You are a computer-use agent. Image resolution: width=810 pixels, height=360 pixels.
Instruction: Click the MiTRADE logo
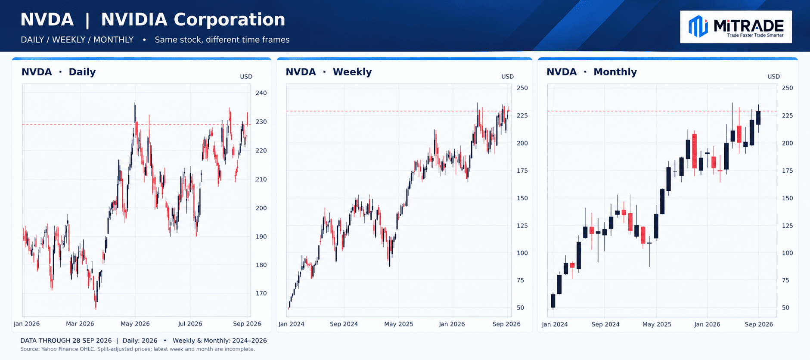[x=736, y=27]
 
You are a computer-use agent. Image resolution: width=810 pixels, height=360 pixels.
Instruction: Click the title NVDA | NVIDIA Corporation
[x=153, y=20]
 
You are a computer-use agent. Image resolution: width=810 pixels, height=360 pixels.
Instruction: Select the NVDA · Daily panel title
[x=59, y=72]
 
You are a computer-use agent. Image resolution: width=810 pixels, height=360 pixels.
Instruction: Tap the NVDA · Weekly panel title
[x=329, y=72]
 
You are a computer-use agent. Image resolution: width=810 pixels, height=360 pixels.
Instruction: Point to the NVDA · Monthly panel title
[x=592, y=72]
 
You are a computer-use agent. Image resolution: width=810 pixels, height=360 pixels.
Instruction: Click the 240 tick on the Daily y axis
[x=261, y=93]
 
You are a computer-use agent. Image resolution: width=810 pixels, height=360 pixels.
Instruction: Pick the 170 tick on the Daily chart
[x=261, y=294]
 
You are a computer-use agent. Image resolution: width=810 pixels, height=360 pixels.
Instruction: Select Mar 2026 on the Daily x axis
[x=80, y=324]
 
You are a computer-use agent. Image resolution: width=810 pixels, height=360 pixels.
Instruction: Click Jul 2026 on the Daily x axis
[x=190, y=324]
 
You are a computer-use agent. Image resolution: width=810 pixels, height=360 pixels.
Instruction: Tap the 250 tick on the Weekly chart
[x=522, y=88]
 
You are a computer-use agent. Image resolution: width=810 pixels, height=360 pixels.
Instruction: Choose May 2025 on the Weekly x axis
[x=399, y=324]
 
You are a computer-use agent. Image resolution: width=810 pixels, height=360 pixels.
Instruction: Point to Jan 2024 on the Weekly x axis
[x=292, y=324]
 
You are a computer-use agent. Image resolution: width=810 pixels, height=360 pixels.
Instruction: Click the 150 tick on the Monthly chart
[x=787, y=198]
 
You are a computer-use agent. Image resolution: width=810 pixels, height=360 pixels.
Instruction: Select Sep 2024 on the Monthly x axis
[x=605, y=324]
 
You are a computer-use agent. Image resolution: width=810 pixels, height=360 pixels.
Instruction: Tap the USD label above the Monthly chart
[x=773, y=77]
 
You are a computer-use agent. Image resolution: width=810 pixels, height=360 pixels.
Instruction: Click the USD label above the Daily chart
[x=246, y=77]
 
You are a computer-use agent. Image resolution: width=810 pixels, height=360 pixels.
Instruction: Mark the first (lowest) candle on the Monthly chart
[x=553, y=301]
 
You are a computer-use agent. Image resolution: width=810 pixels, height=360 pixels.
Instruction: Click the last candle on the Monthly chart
[x=758, y=118]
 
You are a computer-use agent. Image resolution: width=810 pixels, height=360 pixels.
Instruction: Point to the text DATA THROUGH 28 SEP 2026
[x=66, y=341]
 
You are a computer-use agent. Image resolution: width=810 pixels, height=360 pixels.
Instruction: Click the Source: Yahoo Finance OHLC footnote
[x=138, y=349]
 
